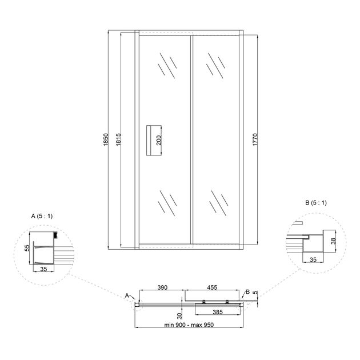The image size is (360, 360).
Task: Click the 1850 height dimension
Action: (106, 139)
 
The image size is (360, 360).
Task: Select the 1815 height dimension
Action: (118, 139)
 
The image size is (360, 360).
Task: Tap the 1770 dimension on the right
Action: (255, 139)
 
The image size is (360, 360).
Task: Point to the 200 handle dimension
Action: (159, 140)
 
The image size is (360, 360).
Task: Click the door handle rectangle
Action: (154, 141)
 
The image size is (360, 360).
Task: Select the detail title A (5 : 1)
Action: (42, 216)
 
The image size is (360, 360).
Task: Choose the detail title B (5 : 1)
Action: (315, 203)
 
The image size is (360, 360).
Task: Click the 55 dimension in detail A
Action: (27, 248)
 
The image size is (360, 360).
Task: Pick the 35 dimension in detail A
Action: (43, 269)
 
